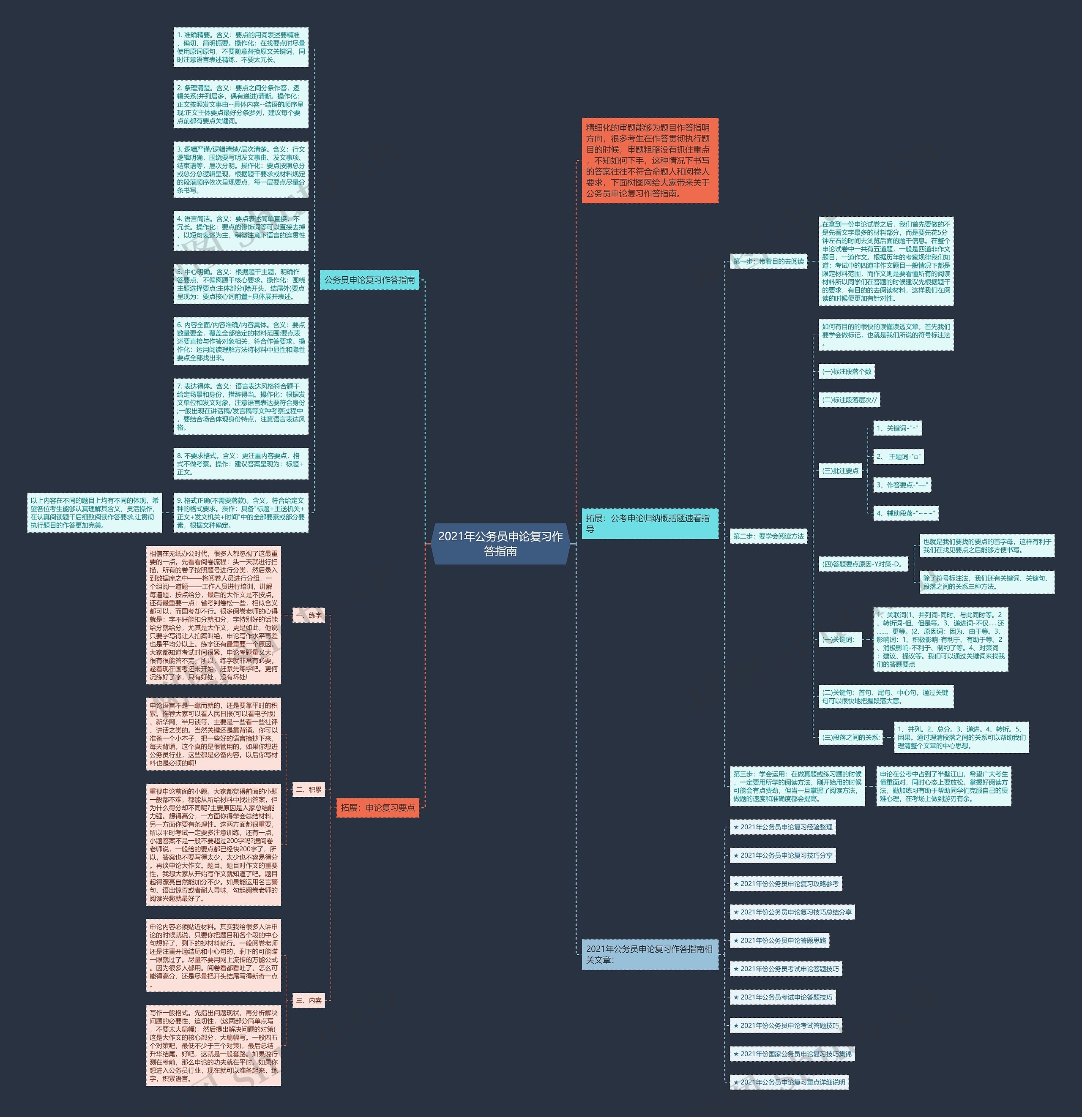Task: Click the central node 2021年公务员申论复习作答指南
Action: coord(500,543)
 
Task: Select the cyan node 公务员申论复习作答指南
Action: coord(369,280)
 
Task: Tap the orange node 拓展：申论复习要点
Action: coord(377,808)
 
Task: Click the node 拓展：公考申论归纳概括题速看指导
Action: coord(649,523)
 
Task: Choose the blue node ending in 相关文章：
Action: coord(649,954)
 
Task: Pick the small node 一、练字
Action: coord(309,615)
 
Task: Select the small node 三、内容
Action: coord(309,1000)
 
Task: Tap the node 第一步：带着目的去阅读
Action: coord(768,261)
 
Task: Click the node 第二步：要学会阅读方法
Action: coord(768,536)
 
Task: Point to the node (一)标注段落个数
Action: coord(847,372)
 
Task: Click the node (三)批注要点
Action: coord(840,471)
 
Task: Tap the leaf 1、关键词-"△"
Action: coord(897,428)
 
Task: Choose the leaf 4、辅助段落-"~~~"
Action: coord(905,513)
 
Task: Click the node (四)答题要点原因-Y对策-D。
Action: coord(863,564)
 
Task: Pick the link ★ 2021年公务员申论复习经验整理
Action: coord(783,827)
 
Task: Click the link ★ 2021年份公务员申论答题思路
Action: coord(779,940)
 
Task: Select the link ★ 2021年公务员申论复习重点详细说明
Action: coord(789,1082)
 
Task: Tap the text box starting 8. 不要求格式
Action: coord(240,464)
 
